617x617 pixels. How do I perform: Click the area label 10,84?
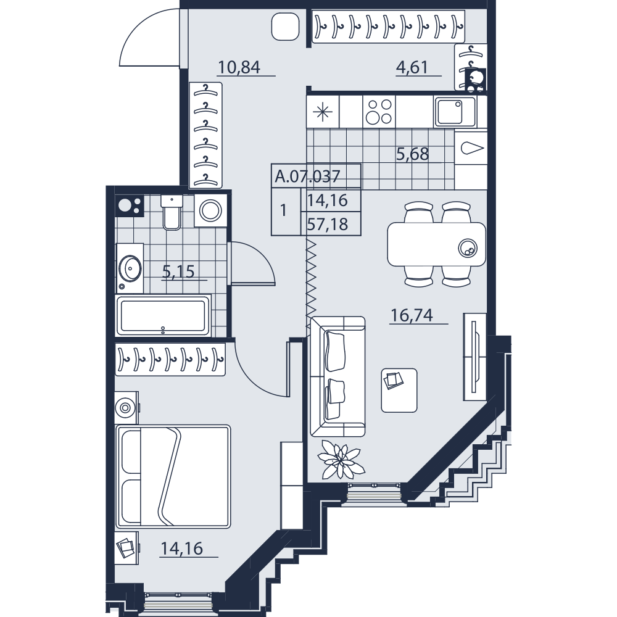pyautogui.click(x=239, y=67)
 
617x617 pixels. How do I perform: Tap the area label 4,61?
pyautogui.click(x=412, y=67)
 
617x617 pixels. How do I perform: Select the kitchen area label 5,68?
pyautogui.click(x=412, y=154)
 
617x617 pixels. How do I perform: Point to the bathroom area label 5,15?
pyautogui.click(x=178, y=271)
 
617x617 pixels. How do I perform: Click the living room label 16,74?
pyautogui.click(x=412, y=315)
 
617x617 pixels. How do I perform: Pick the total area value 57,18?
pyautogui.click(x=328, y=225)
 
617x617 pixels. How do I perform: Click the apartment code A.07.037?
pyautogui.click(x=307, y=176)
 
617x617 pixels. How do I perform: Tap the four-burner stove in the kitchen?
pyautogui.click(x=379, y=111)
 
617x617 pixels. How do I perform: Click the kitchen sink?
pyautogui.click(x=455, y=111)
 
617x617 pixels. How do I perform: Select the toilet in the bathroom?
pyautogui.click(x=172, y=212)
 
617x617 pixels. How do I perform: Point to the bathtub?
pyautogui.click(x=164, y=315)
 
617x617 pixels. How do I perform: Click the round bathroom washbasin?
pyautogui.click(x=130, y=268)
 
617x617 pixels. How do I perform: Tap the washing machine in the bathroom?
pyautogui.click(x=210, y=210)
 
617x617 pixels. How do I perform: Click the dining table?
pyautogui.click(x=436, y=244)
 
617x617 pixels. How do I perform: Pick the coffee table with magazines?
pyautogui.click(x=399, y=391)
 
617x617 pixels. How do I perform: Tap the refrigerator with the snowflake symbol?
pyautogui.click(x=323, y=112)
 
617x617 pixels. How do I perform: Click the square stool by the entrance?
pyautogui.click(x=285, y=26)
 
